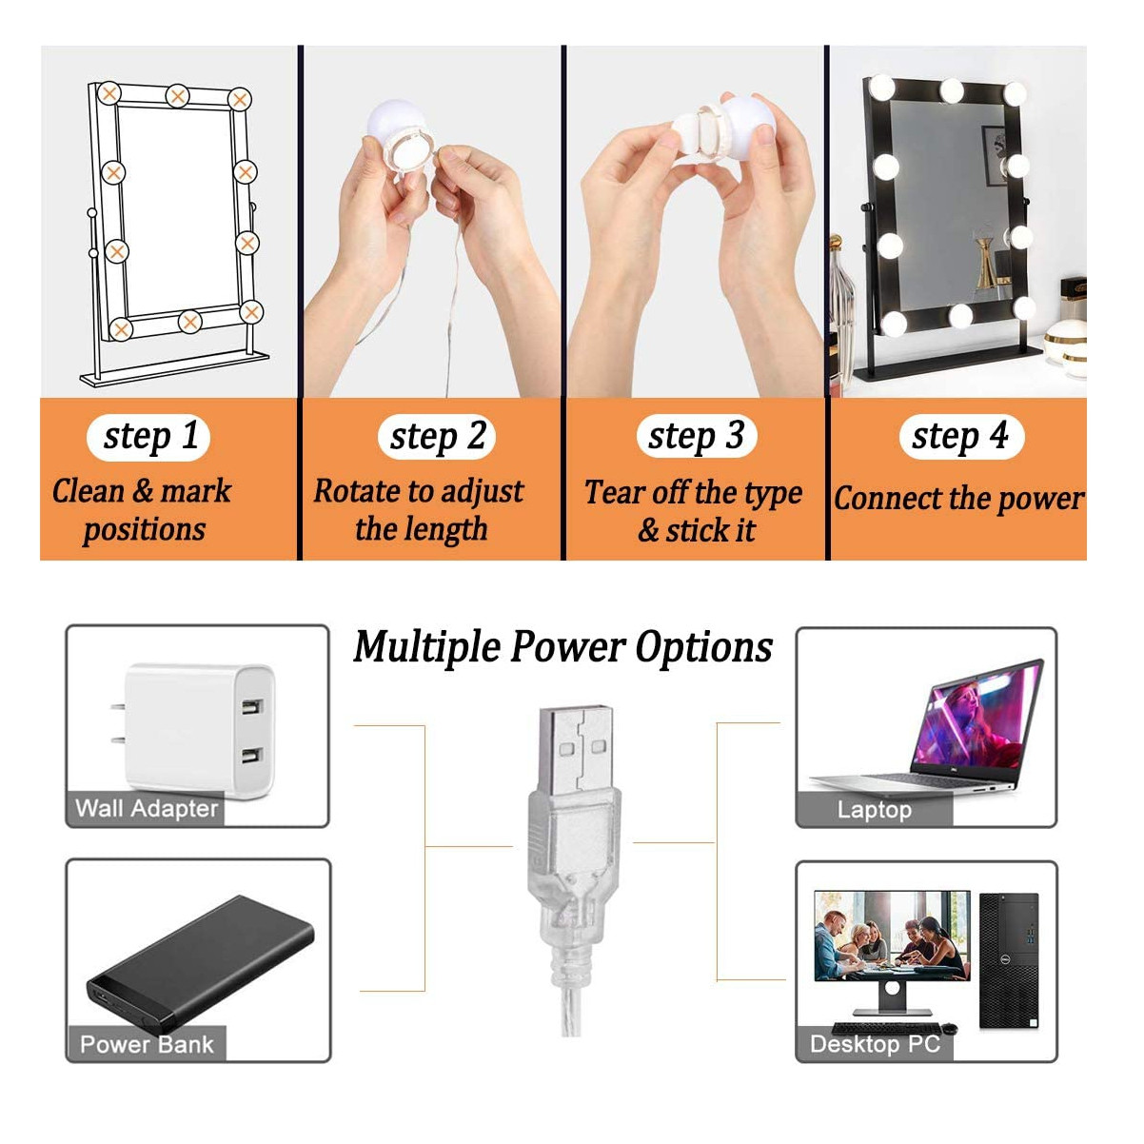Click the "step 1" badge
pyautogui.click(x=148, y=437)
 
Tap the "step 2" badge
pyautogui.click(x=437, y=437)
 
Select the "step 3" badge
pyautogui.click(x=697, y=437)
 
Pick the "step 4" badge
pyautogui.click(x=961, y=437)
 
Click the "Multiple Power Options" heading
pyautogui.click(x=562, y=648)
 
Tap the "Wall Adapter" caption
pyautogui.click(x=147, y=809)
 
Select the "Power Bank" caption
pyautogui.click(x=147, y=1045)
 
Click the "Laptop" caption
pyautogui.click(x=875, y=810)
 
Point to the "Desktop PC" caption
pyautogui.click(x=875, y=1044)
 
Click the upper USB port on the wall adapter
pyautogui.click(x=252, y=707)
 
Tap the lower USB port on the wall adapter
pyautogui.click(x=252, y=756)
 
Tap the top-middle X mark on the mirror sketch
pyautogui.click(x=178, y=95)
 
